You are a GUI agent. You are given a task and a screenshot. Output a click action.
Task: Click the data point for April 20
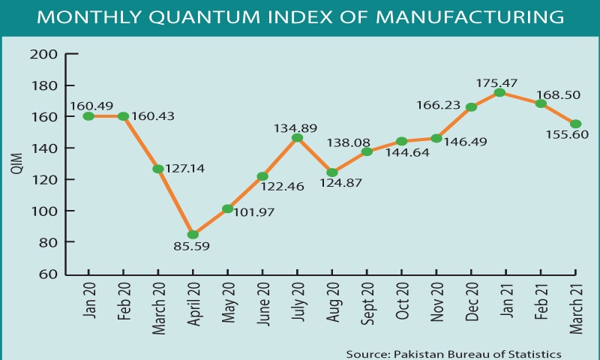coord(193,235)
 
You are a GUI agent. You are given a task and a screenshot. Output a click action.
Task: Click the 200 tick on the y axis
coord(44,54)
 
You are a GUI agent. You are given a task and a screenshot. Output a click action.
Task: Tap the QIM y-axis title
coord(16,165)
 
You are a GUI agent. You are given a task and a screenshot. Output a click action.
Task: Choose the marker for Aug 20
coord(332,172)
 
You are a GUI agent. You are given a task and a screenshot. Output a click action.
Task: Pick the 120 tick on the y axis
coord(44,180)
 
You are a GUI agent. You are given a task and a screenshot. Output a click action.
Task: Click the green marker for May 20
coord(227,208)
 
